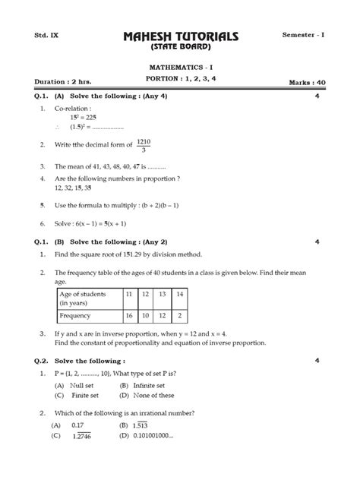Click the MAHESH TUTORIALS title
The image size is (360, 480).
180,36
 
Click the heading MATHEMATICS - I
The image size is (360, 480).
180,68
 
